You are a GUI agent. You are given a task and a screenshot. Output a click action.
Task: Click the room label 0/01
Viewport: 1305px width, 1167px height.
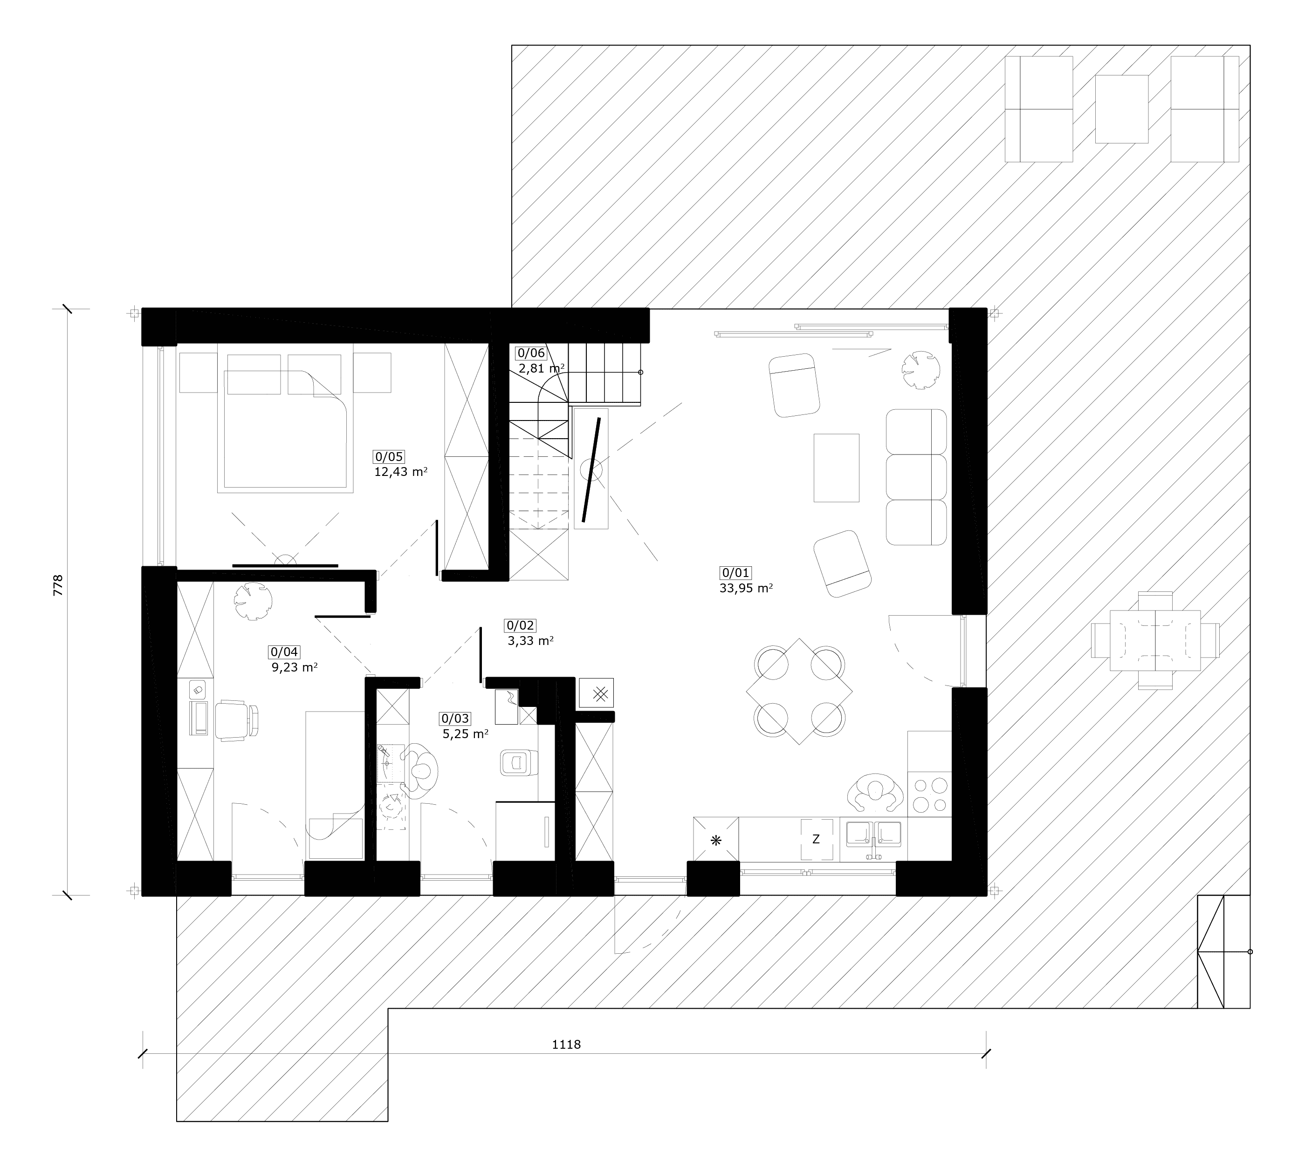(x=736, y=573)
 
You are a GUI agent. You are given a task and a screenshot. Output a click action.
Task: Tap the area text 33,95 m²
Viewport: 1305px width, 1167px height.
(x=746, y=588)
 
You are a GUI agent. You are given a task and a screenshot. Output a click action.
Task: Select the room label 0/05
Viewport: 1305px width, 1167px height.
(x=389, y=456)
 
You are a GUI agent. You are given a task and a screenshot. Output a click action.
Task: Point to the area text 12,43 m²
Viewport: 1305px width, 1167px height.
(x=401, y=472)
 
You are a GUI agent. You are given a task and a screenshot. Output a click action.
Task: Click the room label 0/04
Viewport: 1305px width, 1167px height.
(x=284, y=652)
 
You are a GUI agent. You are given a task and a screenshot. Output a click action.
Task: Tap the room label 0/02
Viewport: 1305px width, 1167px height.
(x=520, y=625)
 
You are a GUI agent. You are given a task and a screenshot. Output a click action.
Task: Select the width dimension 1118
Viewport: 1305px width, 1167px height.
(x=566, y=1045)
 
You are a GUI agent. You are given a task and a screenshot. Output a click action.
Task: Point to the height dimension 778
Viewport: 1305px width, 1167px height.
(x=58, y=585)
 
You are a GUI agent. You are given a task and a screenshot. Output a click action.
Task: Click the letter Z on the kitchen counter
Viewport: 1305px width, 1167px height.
(x=816, y=839)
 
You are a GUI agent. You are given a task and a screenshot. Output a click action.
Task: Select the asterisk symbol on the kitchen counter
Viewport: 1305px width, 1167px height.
(x=716, y=840)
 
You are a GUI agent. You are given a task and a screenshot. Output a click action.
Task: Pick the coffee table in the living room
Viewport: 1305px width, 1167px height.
(x=837, y=468)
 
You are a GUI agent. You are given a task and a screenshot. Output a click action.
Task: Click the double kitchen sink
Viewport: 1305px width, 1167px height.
(x=874, y=837)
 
